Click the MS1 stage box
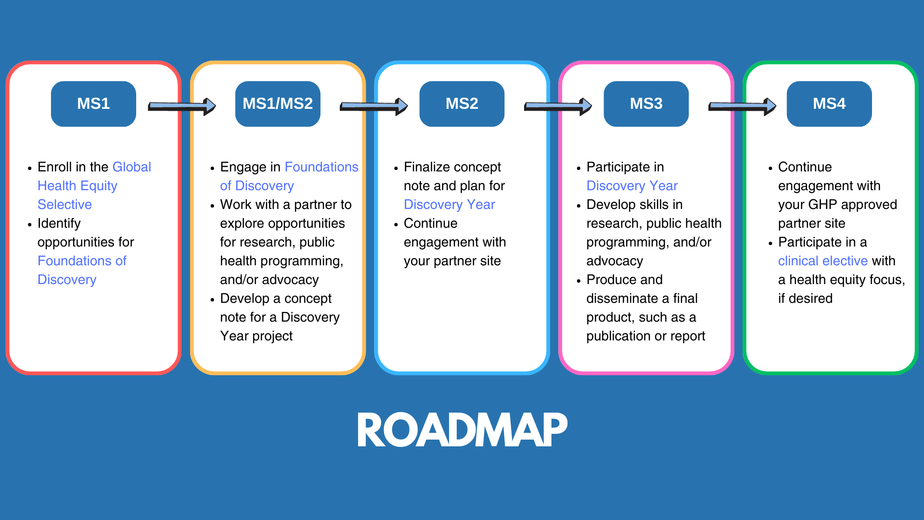(x=93, y=104)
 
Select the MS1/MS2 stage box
(x=278, y=104)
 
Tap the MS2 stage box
(x=462, y=104)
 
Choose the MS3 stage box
(x=646, y=104)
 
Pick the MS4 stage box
(x=829, y=104)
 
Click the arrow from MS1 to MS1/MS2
(x=181, y=106)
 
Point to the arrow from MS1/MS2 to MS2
(x=373, y=106)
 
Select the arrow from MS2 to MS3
(x=557, y=106)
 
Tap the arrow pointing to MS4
(x=742, y=106)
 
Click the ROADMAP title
(x=462, y=430)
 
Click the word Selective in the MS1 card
(x=64, y=205)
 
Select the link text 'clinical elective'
(x=822, y=261)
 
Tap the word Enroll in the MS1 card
(x=55, y=167)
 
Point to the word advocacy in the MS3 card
(x=614, y=261)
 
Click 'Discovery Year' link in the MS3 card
(x=631, y=186)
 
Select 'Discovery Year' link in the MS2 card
(x=449, y=205)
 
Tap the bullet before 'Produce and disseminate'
(x=578, y=281)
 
